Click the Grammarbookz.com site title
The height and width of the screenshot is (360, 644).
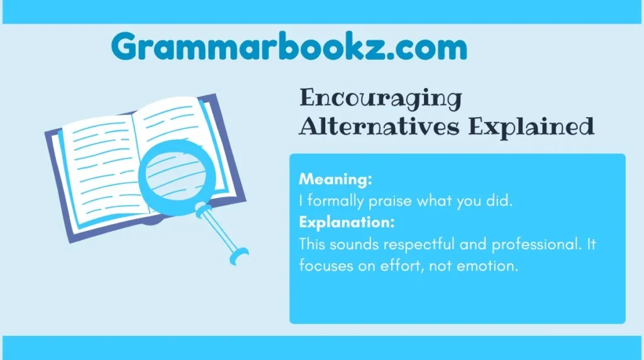(x=289, y=48)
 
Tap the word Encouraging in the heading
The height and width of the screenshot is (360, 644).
(x=380, y=99)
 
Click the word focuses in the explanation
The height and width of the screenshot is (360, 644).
(x=321, y=266)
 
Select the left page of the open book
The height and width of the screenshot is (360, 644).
(x=94, y=167)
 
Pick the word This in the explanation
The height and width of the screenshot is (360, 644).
(x=311, y=244)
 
